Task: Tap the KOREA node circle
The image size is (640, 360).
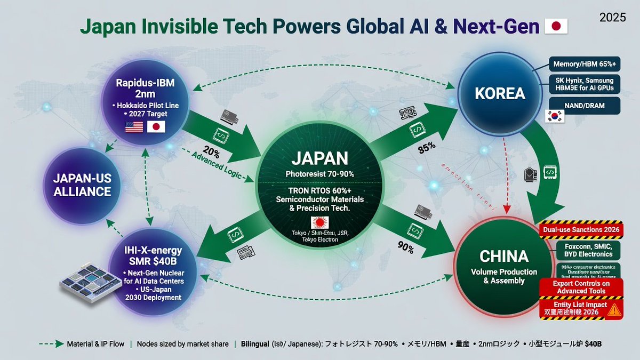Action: [x=500, y=94]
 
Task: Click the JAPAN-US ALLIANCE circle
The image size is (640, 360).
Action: [x=82, y=183]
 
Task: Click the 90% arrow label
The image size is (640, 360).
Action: [x=405, y=247]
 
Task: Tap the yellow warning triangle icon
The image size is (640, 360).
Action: [x=614, y=308]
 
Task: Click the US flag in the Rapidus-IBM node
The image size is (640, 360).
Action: [x=133, y=126]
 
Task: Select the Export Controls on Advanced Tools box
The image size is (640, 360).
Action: [x=582, y=287]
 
